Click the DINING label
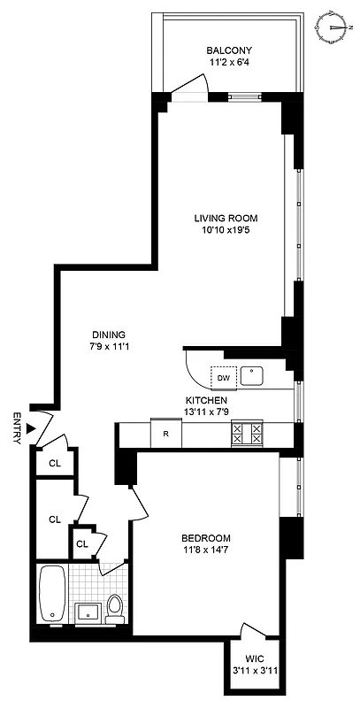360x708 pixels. [108, 334]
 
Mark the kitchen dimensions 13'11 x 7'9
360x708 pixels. [206, 412]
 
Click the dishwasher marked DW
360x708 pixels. [224, 378]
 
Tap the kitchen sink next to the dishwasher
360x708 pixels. [254, 377]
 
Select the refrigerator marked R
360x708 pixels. [165, 433]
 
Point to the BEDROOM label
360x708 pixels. [206, 538]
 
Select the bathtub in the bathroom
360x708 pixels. [51, 593]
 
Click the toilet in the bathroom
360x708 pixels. [113, 606]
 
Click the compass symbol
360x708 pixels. [334, 27]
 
